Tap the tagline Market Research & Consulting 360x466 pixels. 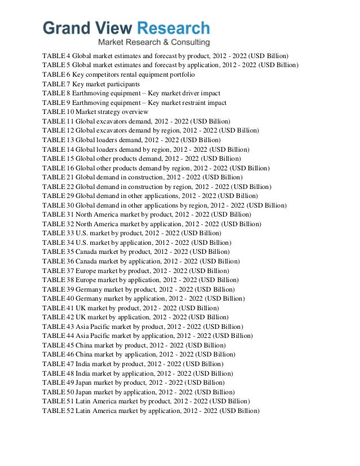click(153, 43)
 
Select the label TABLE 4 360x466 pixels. click(57, 56)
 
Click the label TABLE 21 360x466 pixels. click(58, 177)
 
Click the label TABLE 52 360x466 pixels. click(58, 411)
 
